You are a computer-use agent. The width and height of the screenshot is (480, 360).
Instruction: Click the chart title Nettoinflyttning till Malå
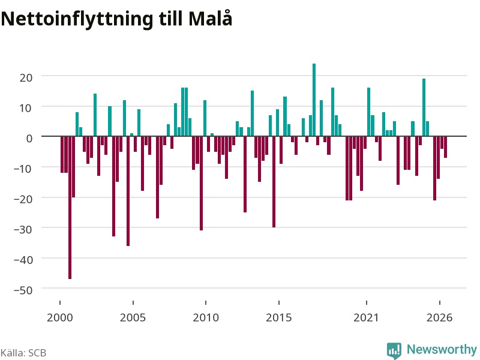coord(116,19)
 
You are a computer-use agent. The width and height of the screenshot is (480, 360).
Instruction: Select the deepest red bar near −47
coord(70,208)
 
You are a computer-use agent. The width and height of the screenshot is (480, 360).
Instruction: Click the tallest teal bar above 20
coord(314,100)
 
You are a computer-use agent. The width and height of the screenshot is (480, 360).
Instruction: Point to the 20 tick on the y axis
coord(26,77)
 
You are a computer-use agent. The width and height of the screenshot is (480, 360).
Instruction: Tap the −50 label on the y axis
coord(23,290)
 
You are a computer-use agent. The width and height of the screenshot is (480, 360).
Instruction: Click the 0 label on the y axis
coord(29,139)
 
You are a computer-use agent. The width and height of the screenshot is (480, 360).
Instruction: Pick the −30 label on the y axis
coord(23,229)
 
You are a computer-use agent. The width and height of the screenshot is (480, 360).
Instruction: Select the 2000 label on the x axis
coord(59,317)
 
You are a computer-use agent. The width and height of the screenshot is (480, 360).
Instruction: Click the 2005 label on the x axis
coord(133,317)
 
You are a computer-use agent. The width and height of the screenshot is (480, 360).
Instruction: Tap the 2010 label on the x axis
coord(206,317)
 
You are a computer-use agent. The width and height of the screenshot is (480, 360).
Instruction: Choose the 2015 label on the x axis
coord(278,317)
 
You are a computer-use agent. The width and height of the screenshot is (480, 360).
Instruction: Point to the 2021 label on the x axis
coord(366,317)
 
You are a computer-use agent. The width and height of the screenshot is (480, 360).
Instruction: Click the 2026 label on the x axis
coord(439,317)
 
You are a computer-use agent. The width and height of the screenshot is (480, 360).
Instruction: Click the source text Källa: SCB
coord(23,353)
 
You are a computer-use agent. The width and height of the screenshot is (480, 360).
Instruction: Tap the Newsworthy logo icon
coord(394,350)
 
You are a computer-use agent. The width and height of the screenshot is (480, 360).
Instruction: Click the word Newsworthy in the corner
coord(442,349)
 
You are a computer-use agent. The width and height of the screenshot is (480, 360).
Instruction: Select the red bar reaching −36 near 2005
coord(128,191)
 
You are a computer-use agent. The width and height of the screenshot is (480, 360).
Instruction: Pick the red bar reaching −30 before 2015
coord(274,182)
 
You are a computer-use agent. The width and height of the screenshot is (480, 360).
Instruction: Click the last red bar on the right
coord(445,147)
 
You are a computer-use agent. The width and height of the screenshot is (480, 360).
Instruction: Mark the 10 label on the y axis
coord(26,108)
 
